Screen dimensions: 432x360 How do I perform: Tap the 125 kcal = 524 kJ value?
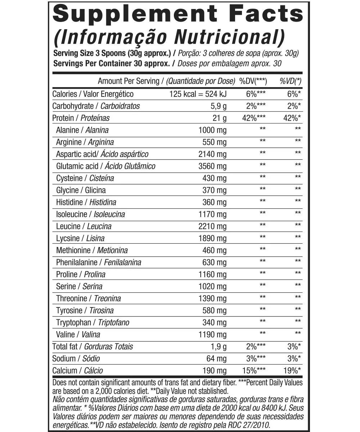198,94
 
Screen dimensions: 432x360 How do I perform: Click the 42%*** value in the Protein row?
254,118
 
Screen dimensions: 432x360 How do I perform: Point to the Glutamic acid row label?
106,166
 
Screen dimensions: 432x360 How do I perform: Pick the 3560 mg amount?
212,166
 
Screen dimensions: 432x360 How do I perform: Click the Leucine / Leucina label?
84,226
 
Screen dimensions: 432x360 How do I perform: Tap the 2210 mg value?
212,226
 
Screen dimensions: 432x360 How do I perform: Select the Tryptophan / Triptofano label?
93,323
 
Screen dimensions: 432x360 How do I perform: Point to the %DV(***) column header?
252,81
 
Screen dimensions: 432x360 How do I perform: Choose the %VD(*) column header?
291,81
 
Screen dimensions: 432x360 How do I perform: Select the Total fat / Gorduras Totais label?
93,347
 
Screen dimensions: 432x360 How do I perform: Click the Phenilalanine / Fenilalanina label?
99,262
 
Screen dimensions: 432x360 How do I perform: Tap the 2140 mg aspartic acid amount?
212,154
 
